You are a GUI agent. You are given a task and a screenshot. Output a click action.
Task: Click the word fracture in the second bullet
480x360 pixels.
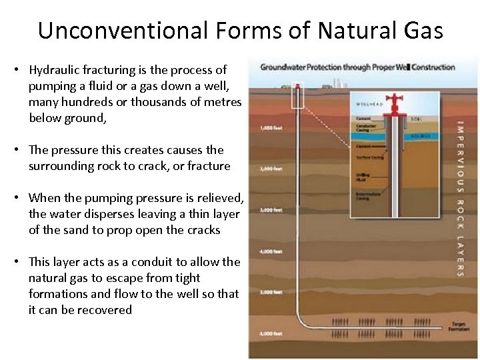[x=209, y=166]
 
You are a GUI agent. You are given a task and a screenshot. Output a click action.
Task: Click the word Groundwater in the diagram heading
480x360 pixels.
[x=281, y=67]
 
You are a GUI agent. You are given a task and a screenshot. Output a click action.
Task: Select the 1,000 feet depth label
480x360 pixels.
[x=261, y=127]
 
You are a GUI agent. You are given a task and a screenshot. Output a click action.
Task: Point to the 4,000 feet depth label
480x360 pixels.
[x=261, y=251]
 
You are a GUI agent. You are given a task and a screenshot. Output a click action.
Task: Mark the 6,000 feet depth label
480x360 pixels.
[x=261, y=332]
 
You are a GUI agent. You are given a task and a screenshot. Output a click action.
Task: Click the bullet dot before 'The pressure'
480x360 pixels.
[x=22, y=151]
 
